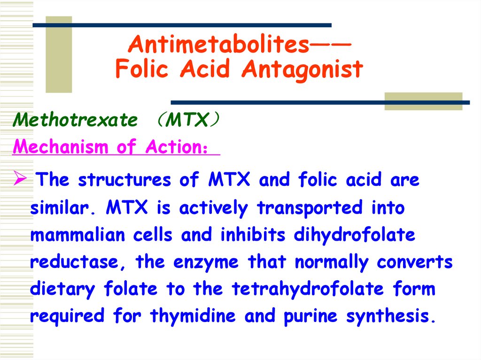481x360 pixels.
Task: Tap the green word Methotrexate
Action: point(76,120)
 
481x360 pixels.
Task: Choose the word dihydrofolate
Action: point(355,235)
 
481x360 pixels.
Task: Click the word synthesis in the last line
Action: point(391,316)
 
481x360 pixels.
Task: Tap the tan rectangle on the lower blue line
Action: point(423,101)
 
